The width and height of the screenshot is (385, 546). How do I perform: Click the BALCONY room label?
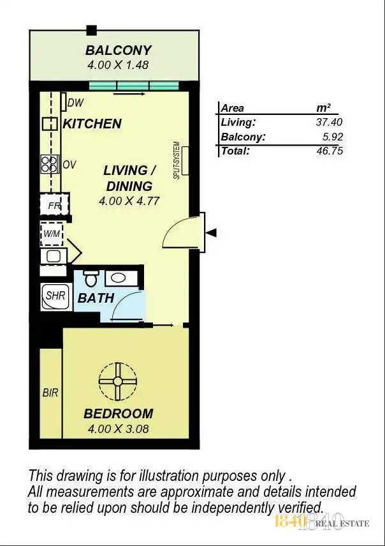coord(119,50)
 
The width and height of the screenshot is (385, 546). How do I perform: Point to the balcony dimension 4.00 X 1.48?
coord(119,64)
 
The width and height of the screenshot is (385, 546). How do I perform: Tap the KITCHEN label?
coord(92,124)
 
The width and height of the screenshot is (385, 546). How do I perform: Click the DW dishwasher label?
coord(76,102)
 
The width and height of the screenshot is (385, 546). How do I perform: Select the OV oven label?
coord(69,165)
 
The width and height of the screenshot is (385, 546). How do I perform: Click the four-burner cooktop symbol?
coord(50,165)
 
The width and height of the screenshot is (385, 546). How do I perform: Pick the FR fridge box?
coord(54,205)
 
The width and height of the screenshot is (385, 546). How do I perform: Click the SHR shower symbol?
coord(55,296)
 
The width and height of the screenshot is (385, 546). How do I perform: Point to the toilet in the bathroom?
coord(91,278)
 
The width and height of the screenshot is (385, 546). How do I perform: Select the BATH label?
coord(96,298)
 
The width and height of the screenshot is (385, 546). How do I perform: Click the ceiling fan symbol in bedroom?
coord(117,381)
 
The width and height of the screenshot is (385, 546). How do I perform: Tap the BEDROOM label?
coord(118,414)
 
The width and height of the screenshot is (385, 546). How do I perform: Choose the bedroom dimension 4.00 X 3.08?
coord(118,428)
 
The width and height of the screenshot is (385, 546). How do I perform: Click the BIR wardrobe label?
coord(50,393)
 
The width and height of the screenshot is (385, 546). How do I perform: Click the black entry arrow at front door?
coord(212,233)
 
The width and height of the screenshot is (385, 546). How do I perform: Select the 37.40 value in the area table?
coord(331,122)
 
